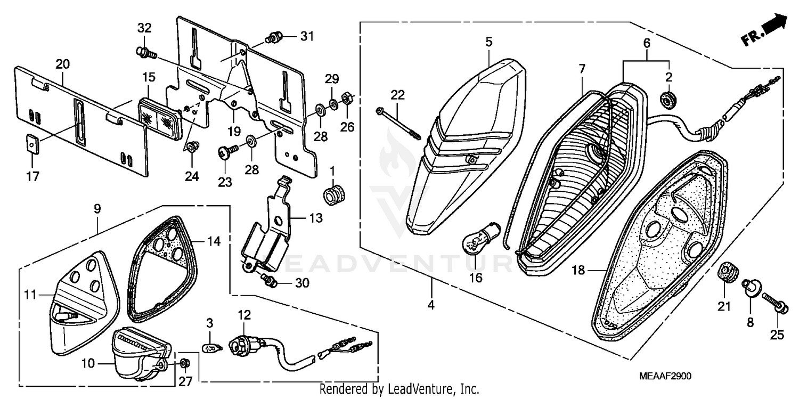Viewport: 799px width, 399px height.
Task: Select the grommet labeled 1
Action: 333,194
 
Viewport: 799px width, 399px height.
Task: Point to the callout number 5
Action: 488,40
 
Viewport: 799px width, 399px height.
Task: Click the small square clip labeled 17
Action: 32,144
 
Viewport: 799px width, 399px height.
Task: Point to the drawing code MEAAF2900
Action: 665,376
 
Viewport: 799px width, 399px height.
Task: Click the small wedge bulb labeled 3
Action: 212,348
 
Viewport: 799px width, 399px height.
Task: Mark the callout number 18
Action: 578,271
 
